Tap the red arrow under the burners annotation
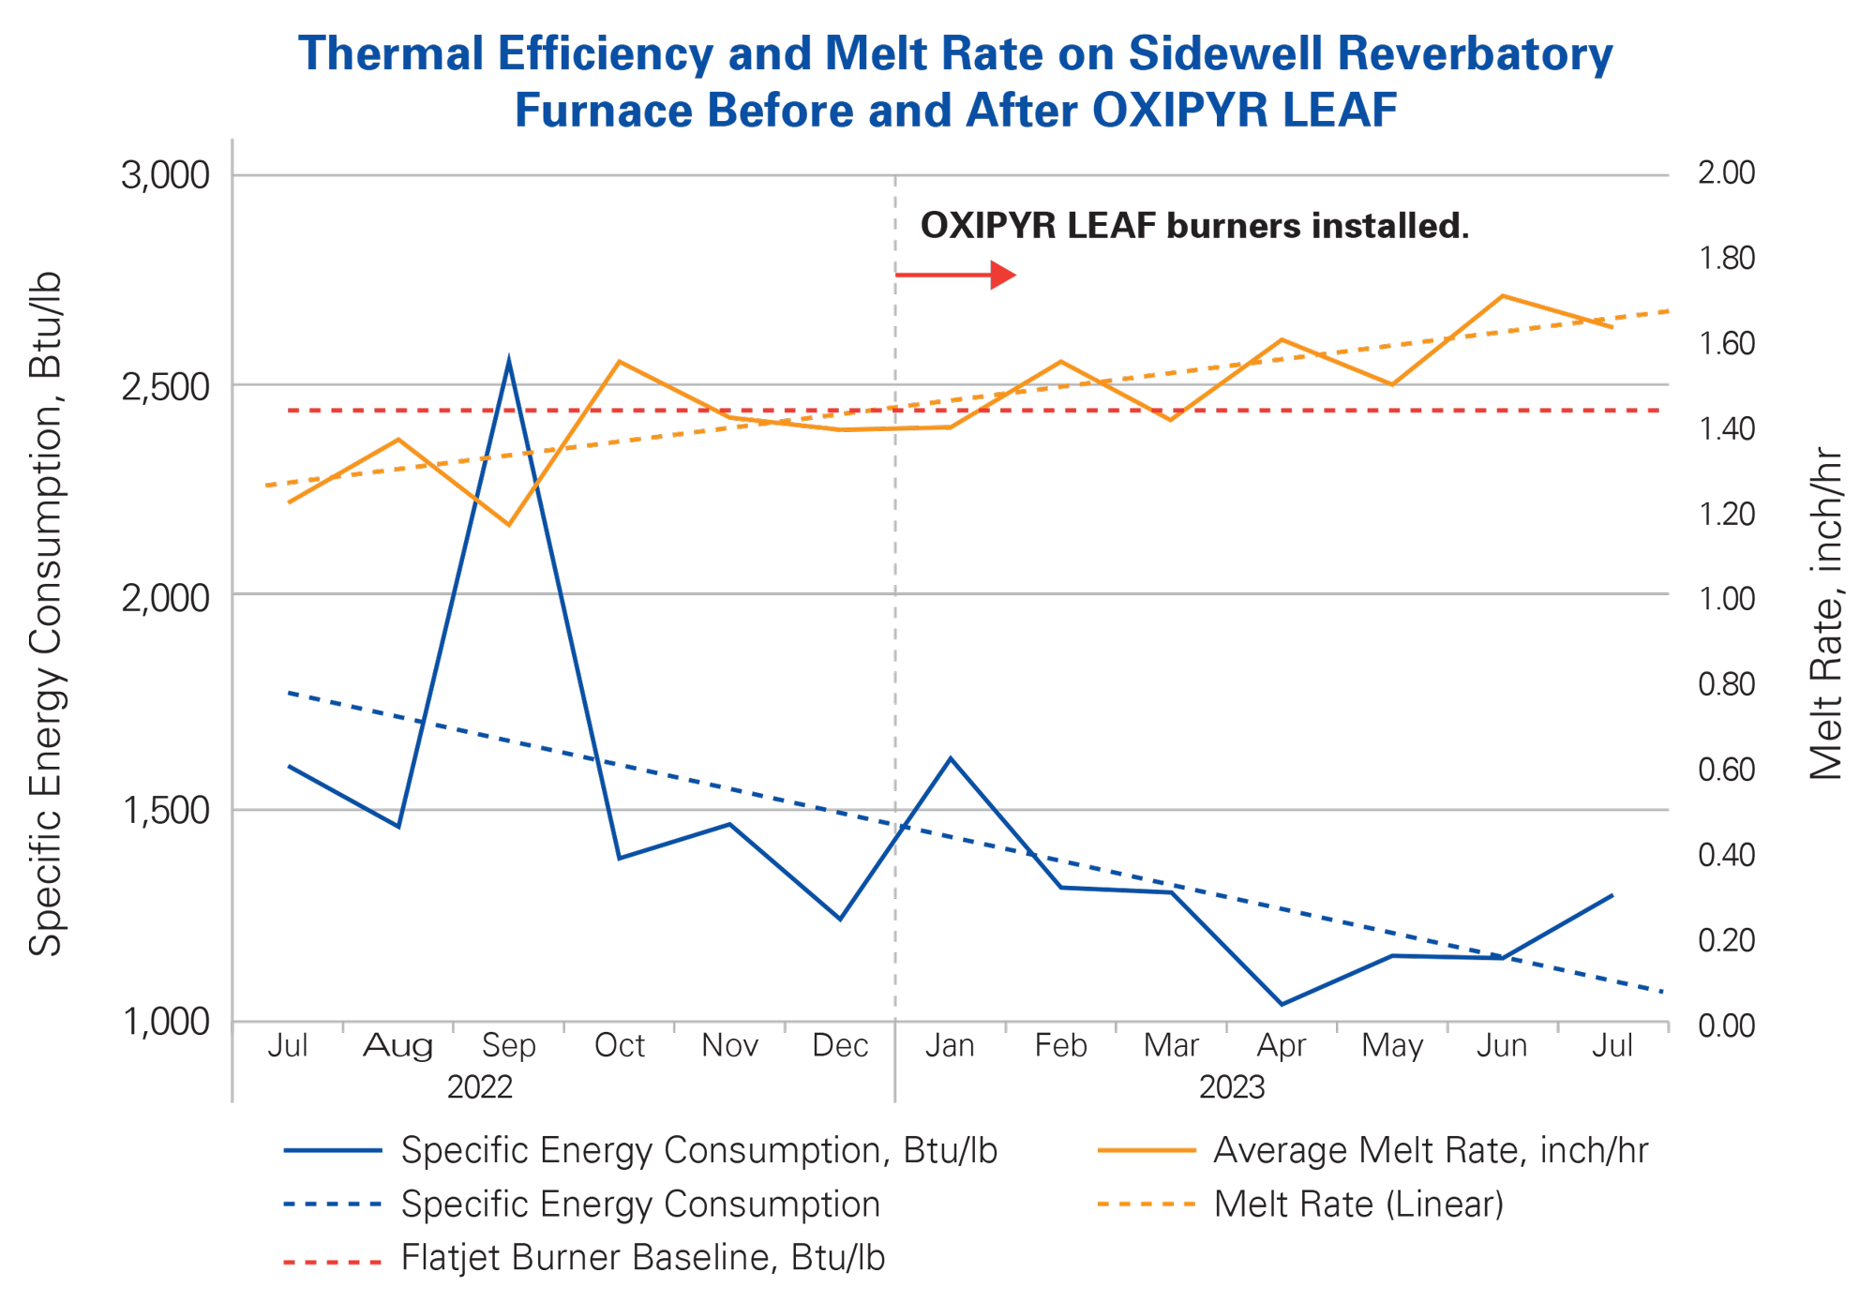coord(956,275)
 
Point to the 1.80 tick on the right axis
coord(1727,259)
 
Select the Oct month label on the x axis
coord(619,1046)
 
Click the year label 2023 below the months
coord(1232,1088)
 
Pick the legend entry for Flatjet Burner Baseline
coord(642,1258)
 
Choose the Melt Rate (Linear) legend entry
coord(1357,1205)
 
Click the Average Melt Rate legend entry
coord(1429,1151)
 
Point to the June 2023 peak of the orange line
coord(1502,295)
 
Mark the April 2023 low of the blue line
coord(1282,1005)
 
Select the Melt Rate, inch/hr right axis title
coord(1825,614)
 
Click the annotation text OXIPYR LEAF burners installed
coord(1193,226)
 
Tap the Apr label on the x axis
coord(1282,1046)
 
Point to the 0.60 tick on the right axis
coord(1727,771)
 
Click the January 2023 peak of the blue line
coord(951,757)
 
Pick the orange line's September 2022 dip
coord(509,525)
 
